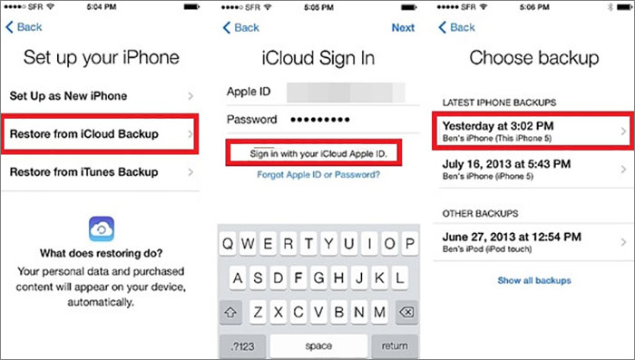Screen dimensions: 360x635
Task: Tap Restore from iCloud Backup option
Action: (x=100, y=134)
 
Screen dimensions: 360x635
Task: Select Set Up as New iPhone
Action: (x=100, y=95)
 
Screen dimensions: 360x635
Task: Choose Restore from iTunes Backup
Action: (x=100, y=172)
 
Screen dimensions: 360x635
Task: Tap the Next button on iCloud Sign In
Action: (x=403, y=28)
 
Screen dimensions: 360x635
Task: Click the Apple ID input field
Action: (x=345, y=92)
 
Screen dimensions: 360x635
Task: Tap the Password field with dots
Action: (x=345, y=120)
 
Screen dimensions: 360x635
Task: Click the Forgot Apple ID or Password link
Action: (x=318, y=174)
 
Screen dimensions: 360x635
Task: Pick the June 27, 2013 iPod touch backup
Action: (x=529, y=241)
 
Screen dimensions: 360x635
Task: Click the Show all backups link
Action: (x=534, y=281)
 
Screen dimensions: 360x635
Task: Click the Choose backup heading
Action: (x=533, y=58)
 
